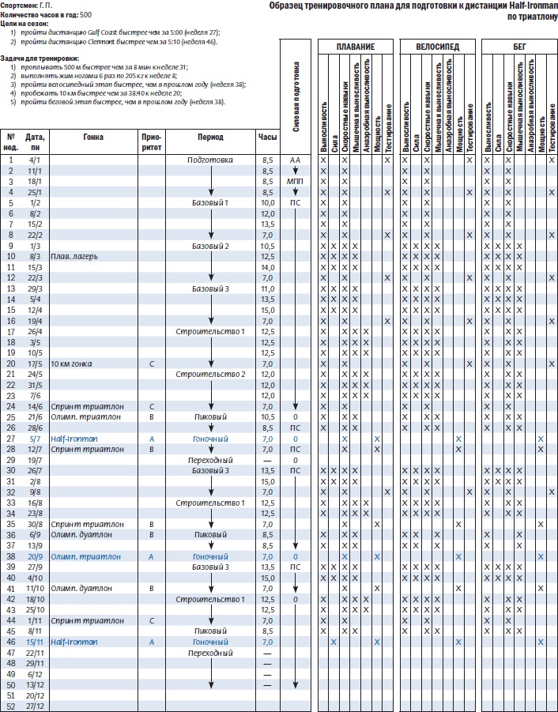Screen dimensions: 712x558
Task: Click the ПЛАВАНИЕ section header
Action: [x=355, y=47]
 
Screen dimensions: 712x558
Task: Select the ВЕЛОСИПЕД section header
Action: [x=437, y=47]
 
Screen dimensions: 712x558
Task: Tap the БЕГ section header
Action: [x=518, y=47]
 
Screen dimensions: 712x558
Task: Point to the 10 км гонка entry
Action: [x=71, y=364]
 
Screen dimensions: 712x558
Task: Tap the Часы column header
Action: [x=267, y=137]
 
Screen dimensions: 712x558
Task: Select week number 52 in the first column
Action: [x=11, y=706]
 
